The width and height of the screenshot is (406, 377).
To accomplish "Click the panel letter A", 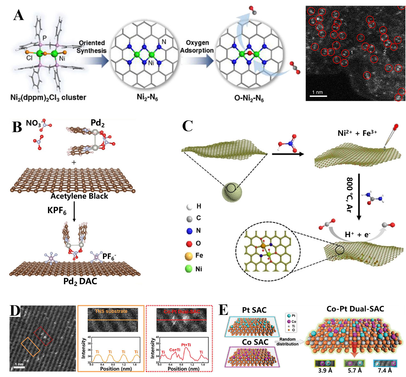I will coord(19,15).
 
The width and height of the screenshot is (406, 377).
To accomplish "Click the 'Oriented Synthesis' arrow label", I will coord(92,47).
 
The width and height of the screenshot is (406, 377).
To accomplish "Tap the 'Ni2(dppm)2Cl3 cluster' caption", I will coord(48,97).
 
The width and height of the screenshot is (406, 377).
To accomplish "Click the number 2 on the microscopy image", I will coord(385,52).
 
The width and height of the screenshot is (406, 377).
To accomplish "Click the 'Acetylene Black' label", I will coord(79,196).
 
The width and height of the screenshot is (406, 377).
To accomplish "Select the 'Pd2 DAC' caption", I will coord(80,282).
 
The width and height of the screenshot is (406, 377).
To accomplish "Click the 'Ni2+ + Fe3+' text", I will coord(357,133).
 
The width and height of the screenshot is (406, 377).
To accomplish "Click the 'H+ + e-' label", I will coord(357,235).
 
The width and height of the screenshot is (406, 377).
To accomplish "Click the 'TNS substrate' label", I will coord(111,311).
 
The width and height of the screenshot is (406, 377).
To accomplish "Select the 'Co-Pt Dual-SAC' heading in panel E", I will coord(355,309).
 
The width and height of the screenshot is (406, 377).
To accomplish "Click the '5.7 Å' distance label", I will coord(355,370).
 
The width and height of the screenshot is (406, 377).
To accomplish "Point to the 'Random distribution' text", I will coord(287,341).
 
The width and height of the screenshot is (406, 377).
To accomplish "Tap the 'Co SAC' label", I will coord(255,342).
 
